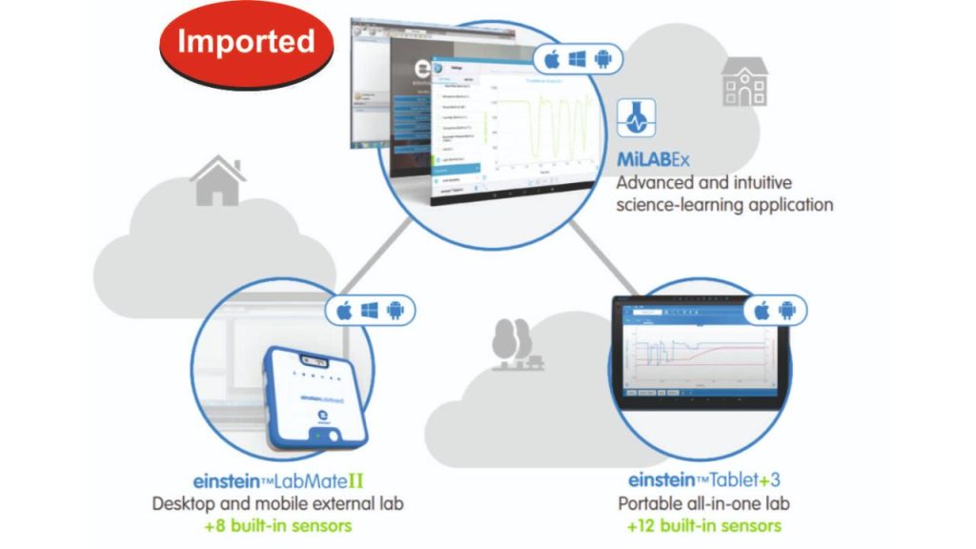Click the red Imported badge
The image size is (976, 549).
(246, 43)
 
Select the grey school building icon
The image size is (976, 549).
(743, 82)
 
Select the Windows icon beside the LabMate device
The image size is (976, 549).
(370, 311)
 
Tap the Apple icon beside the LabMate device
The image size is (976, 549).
(344, 311)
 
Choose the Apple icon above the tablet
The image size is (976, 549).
(762, 311)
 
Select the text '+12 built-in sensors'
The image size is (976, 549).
(703, 525)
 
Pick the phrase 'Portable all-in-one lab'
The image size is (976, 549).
(703, 503)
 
